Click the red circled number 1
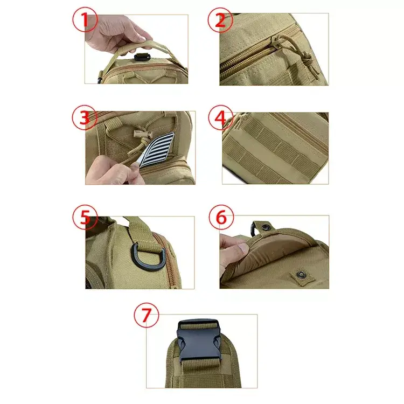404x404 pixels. click(85, 19)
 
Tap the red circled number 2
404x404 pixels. click(220, 20)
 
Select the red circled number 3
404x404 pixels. click(85, 117)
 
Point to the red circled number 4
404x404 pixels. click(221, 117)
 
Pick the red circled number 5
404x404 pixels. click(85, 217)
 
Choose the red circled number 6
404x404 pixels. click(221, 217)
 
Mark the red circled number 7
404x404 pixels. click(147, 315)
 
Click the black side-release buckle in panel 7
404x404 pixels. click(199, 340)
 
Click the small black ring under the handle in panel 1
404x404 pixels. click(141, 57)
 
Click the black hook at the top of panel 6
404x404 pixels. click(253, 229)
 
